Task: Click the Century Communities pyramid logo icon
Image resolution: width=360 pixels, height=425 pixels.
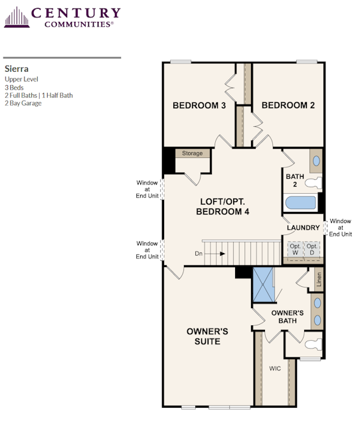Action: pyautogui.click(x=17, y=17)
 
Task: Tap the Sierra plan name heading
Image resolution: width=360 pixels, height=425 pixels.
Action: pyautogui.click(x=17, y=69)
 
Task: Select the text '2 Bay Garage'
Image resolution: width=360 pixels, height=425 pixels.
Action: pyautogui.click(x=23, y=104)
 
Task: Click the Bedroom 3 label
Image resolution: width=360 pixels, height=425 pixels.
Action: pyautogui.click(x=199, y=105)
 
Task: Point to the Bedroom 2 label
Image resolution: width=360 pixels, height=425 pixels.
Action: pyautogui.click(x=288, y=105)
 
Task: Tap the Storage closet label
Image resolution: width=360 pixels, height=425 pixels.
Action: pyautogui.click(x=193, y=153)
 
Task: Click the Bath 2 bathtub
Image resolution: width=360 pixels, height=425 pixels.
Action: pyautogui.click(x=300, y=203)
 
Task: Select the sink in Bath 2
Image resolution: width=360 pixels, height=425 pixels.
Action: pyautogui.click(x=316, y=161)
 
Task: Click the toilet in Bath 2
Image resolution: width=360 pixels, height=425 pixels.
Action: pyautogui.click(x=314, y=183)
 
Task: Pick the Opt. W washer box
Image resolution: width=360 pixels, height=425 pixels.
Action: pyautogui.click(x=295, y=250)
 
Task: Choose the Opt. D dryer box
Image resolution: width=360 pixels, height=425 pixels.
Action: pyautogui.click(x=312, y=250)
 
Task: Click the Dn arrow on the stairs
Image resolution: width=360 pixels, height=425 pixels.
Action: pyautogui.click(x=210, y=254)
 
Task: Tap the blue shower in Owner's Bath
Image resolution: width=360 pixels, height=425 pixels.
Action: pyautogui.click(x=263, y=285)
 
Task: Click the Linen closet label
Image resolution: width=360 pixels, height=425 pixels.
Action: pyautogui.click(x=319, y=280)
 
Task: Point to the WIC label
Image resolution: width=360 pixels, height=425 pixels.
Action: pyautogui.click(x=275, y=369)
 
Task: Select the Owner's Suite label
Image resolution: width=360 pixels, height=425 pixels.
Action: pyautogui.click(x=207, y=337)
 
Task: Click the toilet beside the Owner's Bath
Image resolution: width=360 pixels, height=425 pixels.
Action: pyautogui.click(x=314, y=344)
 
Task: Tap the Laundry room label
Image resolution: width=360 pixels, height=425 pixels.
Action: pyautogui.click(x=304, y=227)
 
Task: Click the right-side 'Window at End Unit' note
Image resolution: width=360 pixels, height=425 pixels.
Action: pyautogui.click(x=341, y=228)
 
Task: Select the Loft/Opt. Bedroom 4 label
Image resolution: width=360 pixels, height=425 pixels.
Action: pyautogui.click(x=223, y=207)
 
